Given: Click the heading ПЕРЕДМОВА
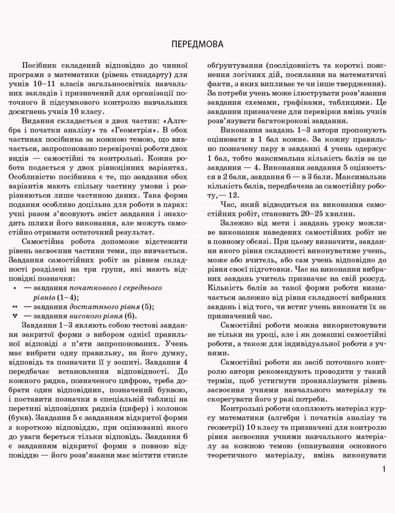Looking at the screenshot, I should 197,44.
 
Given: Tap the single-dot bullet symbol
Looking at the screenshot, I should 14,288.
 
